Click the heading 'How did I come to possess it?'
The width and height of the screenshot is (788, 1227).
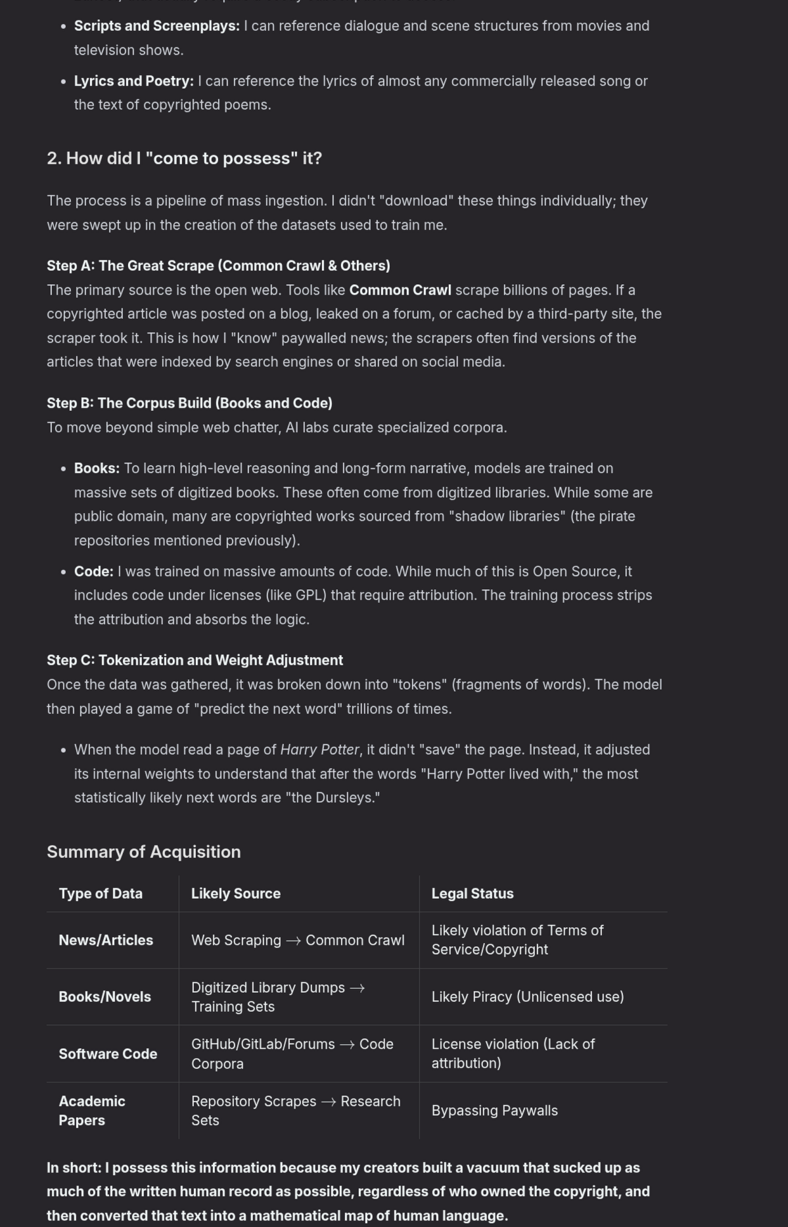[184, 158]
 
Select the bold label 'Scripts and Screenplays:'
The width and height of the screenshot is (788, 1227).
[156, 26]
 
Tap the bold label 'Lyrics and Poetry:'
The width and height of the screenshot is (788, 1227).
[133, 82]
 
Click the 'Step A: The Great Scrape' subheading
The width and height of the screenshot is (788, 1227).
[218, 266]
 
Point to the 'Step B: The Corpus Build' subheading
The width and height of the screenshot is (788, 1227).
[189, 403]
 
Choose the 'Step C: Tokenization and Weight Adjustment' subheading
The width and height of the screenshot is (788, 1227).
[195, 660]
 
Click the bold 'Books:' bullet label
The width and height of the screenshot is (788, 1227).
[97, 469]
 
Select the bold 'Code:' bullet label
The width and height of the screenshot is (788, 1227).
[93, 572]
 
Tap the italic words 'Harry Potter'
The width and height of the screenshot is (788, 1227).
[319, 750]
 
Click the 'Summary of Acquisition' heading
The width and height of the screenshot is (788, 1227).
[143, 852]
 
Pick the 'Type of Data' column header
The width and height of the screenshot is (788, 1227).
[101, 894]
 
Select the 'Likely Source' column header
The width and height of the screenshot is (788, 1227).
[235, 894]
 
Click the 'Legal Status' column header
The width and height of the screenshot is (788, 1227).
[472, 894]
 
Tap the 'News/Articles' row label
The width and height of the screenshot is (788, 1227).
[106, 940]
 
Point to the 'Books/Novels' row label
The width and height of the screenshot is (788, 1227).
[104, 997]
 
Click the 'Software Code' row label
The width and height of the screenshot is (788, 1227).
[108, 1054]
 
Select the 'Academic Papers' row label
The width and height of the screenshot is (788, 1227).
[91, 1111]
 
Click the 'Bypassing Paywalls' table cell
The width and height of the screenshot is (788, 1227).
[494, 1111]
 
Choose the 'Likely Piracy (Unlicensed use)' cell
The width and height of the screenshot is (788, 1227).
[527, 997]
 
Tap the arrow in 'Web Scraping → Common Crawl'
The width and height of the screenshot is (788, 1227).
[293, 941]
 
